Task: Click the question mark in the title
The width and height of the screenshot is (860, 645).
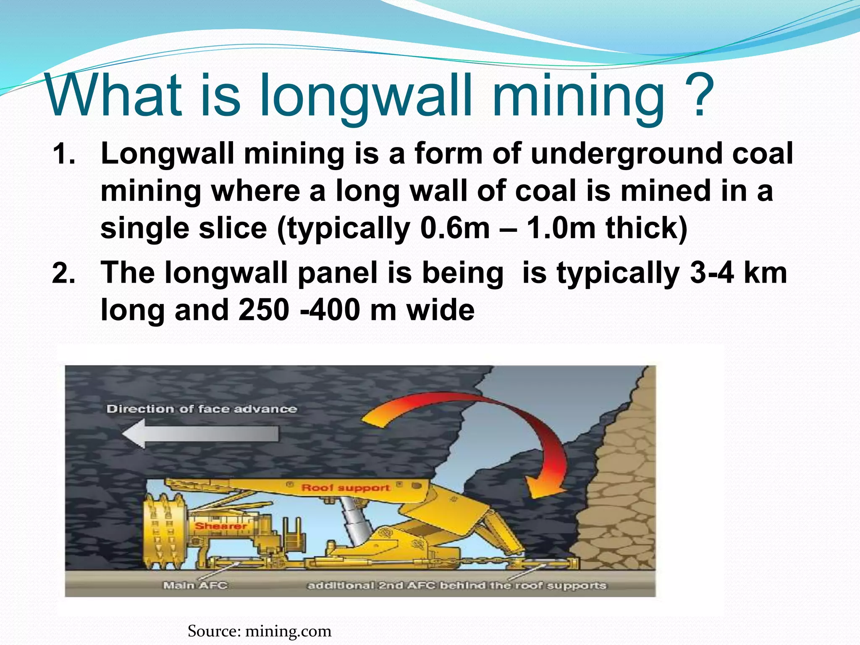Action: click(698, 96)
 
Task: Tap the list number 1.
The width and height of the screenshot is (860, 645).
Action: click(64, 154)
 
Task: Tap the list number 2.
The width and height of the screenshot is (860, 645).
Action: click(64, 273)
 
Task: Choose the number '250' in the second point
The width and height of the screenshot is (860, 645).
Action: click(264, 310)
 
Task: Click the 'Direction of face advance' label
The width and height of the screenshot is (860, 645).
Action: click(202, 409)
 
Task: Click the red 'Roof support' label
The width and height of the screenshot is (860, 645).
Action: click(346, 488)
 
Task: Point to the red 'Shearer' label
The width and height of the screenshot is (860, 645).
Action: click(221, 526)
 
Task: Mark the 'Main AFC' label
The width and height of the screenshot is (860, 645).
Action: click(195, 585)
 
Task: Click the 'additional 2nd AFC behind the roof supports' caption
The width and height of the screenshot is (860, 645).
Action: click(457, 585)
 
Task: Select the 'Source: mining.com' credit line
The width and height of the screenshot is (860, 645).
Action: click(260, 631)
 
